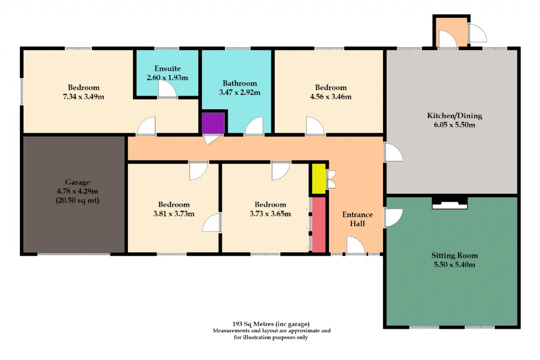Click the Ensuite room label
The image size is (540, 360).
167,68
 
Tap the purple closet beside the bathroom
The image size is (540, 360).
213,123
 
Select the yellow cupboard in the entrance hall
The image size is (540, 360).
319,179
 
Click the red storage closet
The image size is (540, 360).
319,225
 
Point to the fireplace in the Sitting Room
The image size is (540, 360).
450,203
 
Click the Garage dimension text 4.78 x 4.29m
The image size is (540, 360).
77,191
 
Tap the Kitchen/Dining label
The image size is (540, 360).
455,116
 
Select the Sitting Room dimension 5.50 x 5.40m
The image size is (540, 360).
455,265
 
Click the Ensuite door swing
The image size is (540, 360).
167,89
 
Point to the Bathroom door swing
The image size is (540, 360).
254,126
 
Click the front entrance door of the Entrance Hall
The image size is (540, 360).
356,245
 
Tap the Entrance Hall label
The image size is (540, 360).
357,219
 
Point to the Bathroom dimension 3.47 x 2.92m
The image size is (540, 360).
240,92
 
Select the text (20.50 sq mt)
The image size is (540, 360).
77,200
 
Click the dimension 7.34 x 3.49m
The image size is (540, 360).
84,97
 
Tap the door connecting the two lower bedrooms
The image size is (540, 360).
212,222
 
